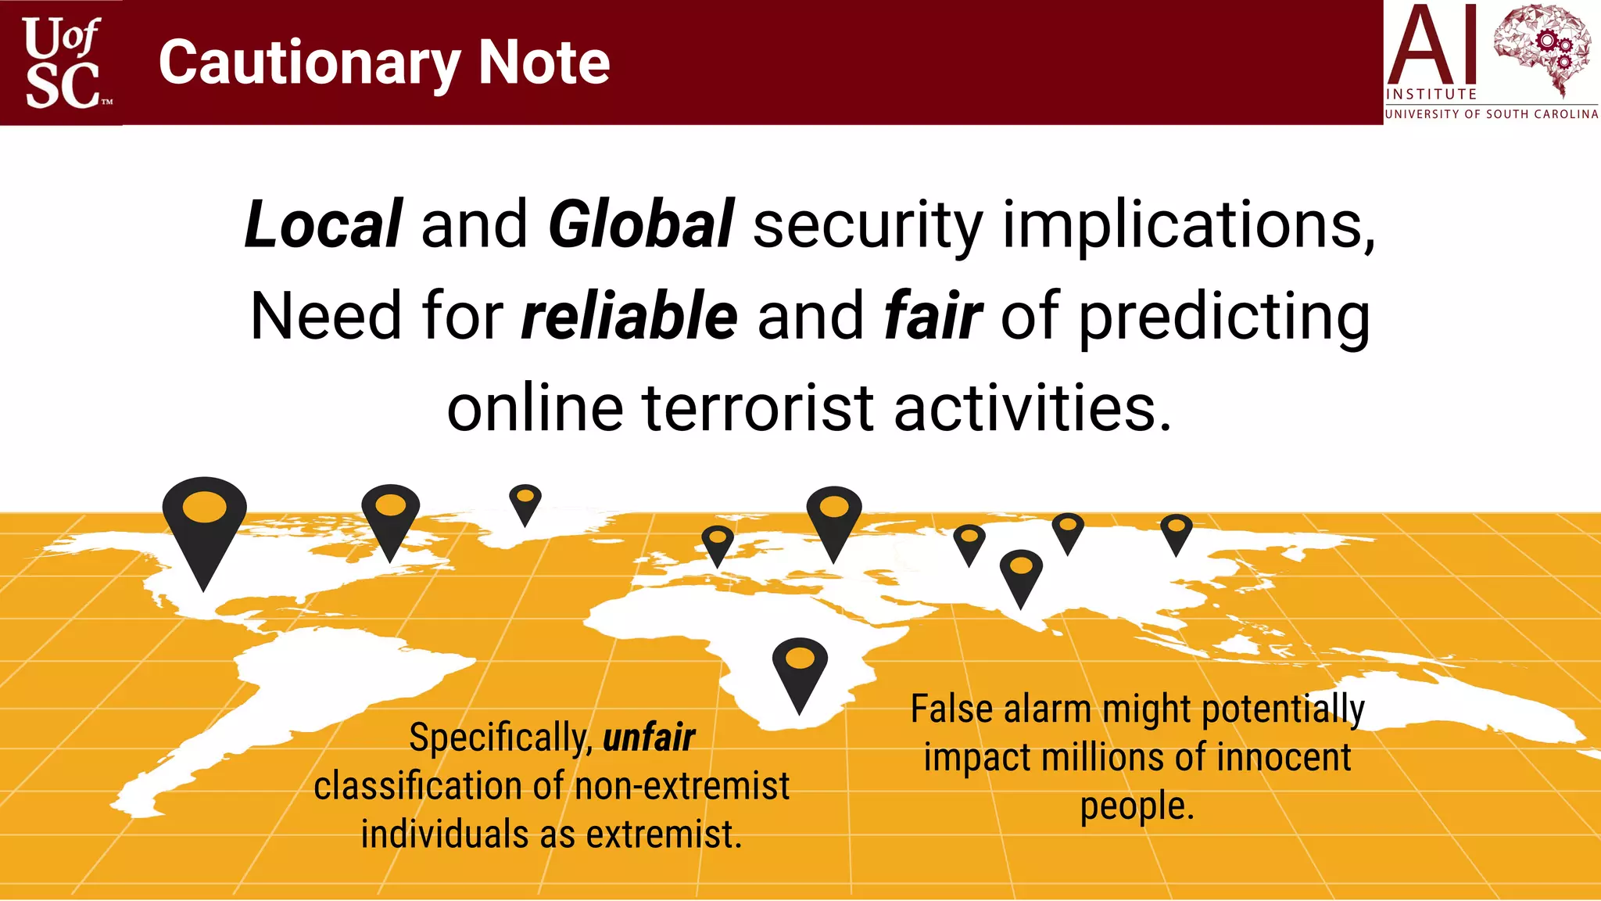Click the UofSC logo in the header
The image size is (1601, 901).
point(63,63)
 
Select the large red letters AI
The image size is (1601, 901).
point(1432,45)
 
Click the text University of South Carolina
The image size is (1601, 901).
point(1492,114)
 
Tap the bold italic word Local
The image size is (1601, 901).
point(324,224)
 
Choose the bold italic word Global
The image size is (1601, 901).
point(641,224)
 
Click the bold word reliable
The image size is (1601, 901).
point(629,316)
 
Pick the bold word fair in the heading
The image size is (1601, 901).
point(932,316)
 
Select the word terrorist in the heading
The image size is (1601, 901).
point(758,408)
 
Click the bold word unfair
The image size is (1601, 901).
point(649,738)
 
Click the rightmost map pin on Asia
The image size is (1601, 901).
point(1176,532)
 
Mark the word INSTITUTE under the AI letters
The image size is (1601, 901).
point(1431,95)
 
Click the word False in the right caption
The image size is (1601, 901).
point(951,709)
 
